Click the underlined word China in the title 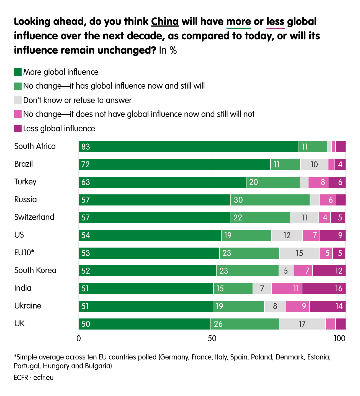click(x=165, y=22)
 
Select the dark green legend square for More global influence click(x=18, y=72)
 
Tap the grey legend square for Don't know click(x=18, y=100)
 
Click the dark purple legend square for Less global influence click(x=18, y=128)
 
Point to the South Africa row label click(x=35, y=146)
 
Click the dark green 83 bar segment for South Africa click(x=188, y=147)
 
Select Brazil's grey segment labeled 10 click(x=314, y=164)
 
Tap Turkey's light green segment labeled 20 click(x=273, y=182)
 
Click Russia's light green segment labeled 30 click(x=270, y=200)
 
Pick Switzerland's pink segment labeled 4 click(x=325, y=218)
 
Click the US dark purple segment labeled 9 click(x=333, y=235)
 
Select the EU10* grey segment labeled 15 click(x=299, y=253)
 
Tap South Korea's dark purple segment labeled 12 click(x=329, y=271)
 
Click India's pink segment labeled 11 click(x=287, y=289)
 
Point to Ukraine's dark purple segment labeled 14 click(x=327, y=306)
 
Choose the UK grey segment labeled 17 click(x=302, y=324)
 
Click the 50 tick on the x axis click(x=212, y=338)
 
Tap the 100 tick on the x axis click(x=340, y=338)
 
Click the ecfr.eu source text click(x=43, y=377)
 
